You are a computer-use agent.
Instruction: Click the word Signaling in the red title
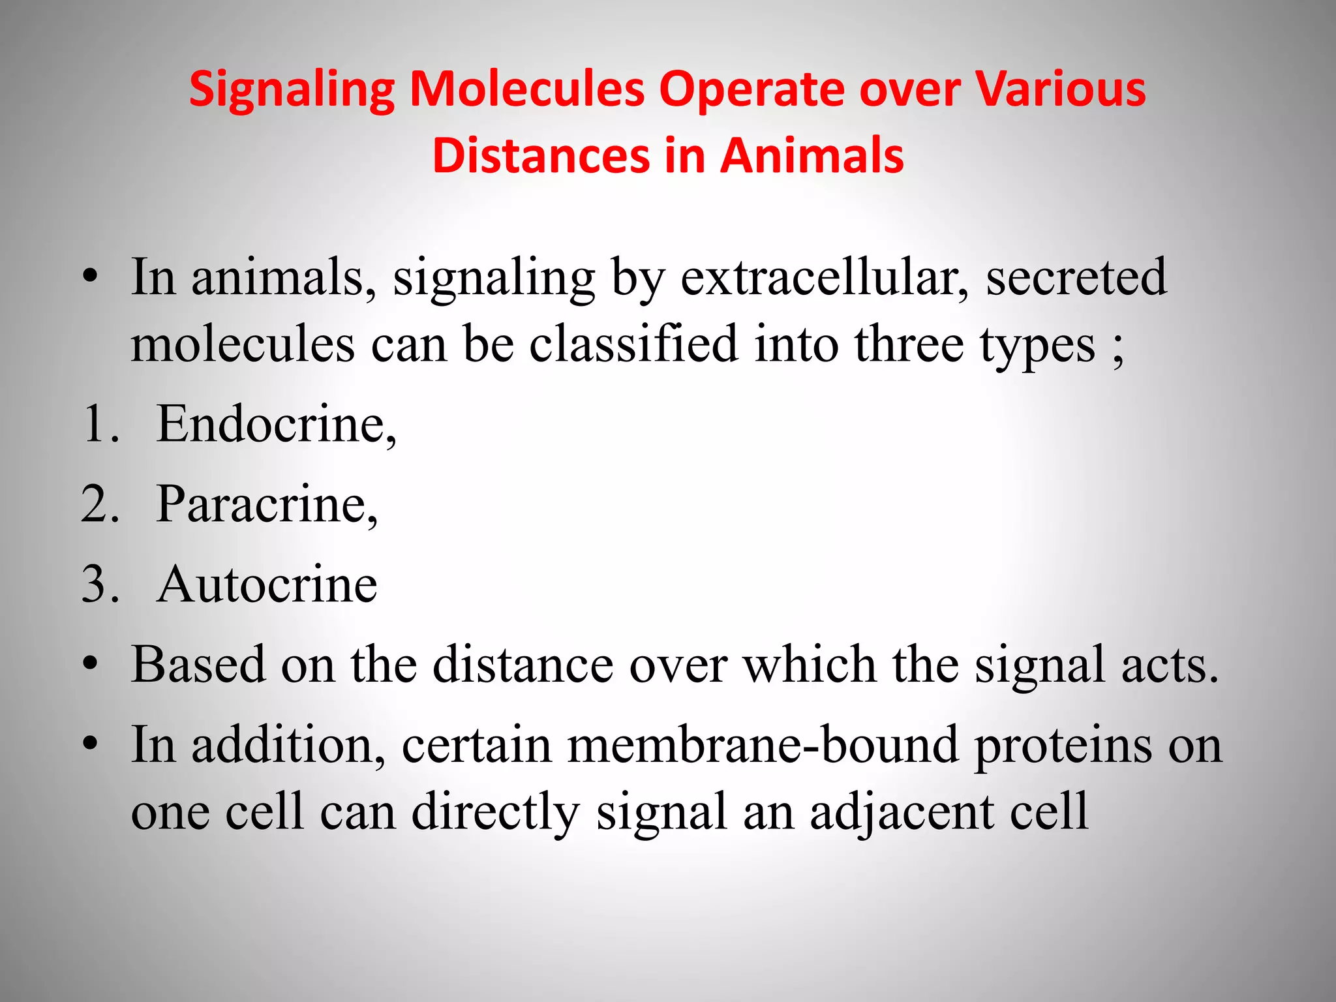click(292, 90)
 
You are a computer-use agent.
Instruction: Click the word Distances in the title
click(541, 156)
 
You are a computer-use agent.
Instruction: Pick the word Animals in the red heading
click(812, 156)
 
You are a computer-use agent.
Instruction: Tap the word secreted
click(1076, 278)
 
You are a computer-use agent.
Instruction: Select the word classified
click(633, 344)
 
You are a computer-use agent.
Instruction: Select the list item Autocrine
click(266, 584)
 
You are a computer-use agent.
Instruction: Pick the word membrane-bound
click(763, 745)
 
